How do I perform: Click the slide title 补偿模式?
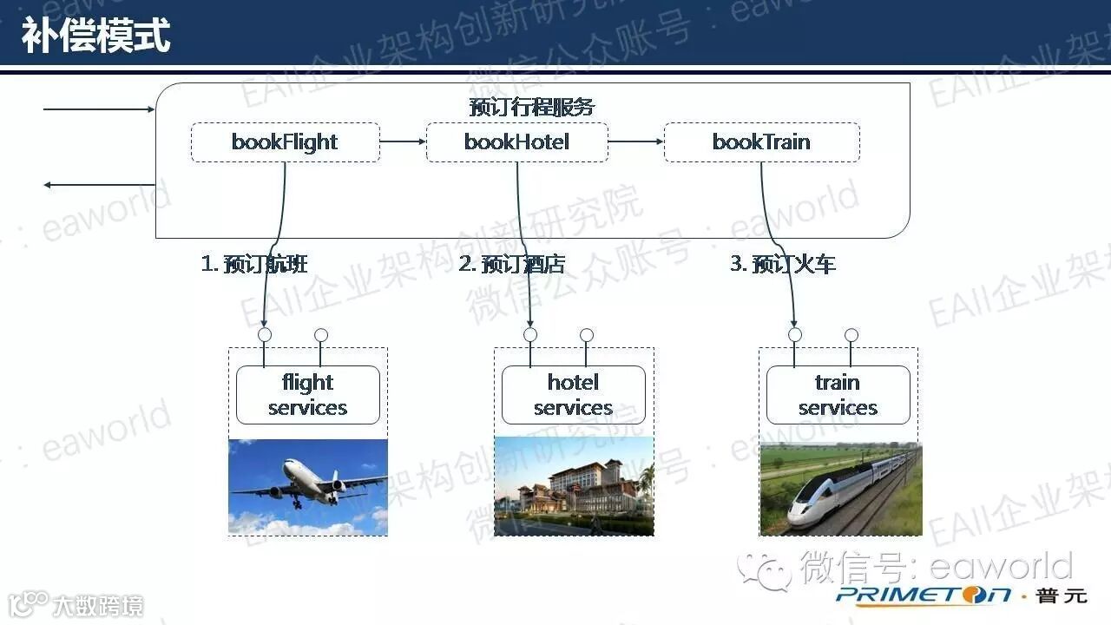click(96, 36)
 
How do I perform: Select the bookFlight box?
click(285, 142)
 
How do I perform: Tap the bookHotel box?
click(516, 142)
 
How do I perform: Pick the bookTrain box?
click(761, 142)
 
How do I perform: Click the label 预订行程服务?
click(531, 107)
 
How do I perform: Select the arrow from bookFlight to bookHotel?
click(403, 141)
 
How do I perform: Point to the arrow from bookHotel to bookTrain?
click(635, 141)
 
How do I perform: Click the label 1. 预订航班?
click(254, 264)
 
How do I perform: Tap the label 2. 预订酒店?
click(511, 264)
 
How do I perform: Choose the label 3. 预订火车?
click(783, 264)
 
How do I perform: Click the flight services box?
click(307, 395)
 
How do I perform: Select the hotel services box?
click(573, 395)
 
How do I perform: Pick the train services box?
click(838, 395)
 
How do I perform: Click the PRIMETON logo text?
click(924, 595)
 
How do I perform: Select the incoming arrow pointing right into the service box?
click(98, 109)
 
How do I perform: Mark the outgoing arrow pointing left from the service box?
click(98, 185)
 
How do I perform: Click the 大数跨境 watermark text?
click(96, 605)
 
